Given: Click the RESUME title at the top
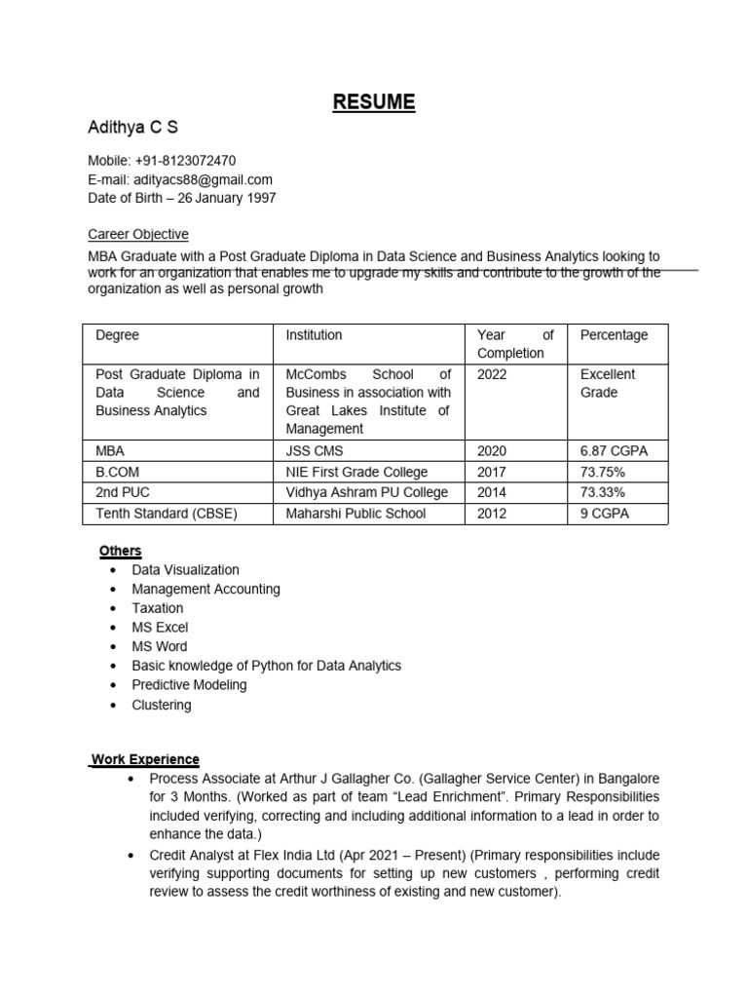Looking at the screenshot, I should click(x=374, y=101).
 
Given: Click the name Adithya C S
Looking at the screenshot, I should click(x=133, y=128).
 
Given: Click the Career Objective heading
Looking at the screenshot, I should click(x=138, y=234).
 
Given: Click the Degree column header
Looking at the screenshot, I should click(x=118, y=334).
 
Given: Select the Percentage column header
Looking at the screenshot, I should click(x=614, y=334).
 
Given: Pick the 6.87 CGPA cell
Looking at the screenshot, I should click(x=614, y=451).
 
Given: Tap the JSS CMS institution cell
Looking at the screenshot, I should click(x=315, y=451).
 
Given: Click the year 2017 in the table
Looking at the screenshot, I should click(x=492, y=472).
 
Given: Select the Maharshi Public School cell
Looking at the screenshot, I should click(x=355, y=513).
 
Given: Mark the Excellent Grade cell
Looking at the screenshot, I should click(x=608, y=383).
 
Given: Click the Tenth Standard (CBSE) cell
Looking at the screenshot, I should click(x=167, y=513).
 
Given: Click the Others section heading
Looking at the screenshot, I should click(x=120, y=551).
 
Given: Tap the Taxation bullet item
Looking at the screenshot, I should click(x=158, y=608).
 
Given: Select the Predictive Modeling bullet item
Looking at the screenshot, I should click(x=189, y=684).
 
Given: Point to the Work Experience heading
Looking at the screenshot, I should click(x=145, y=758).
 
